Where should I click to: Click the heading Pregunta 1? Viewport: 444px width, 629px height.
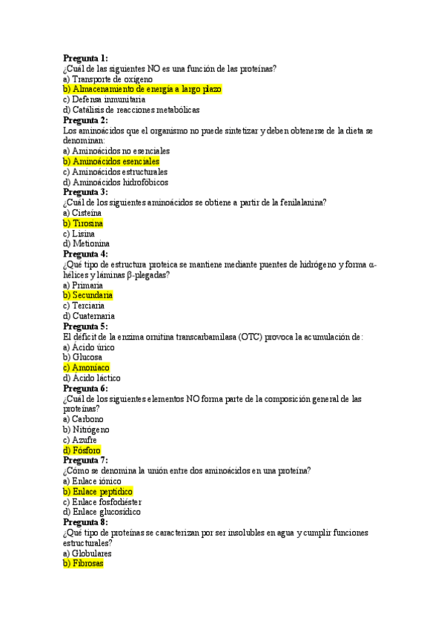85,58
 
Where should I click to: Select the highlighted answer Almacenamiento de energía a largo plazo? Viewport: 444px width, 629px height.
142,89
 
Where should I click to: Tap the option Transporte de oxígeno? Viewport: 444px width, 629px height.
108,79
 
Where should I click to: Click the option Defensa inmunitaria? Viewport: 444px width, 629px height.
105,99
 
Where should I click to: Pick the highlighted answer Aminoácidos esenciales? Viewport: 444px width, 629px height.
111,161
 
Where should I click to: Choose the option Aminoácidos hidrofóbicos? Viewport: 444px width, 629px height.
116,182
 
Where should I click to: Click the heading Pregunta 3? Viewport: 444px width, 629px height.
85,192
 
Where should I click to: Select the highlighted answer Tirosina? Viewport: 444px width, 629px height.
83,223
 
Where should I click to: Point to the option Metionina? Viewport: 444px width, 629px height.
87,243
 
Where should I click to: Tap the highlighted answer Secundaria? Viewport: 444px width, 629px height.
87,295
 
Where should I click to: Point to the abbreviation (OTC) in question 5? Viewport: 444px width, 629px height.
256,337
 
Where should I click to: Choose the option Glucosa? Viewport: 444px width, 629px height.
83,357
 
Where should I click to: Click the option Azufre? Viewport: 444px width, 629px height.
80,439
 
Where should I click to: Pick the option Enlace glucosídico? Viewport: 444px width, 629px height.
102,512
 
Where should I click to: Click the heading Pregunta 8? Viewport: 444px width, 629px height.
85,522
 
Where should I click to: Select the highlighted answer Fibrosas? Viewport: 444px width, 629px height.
83,563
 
